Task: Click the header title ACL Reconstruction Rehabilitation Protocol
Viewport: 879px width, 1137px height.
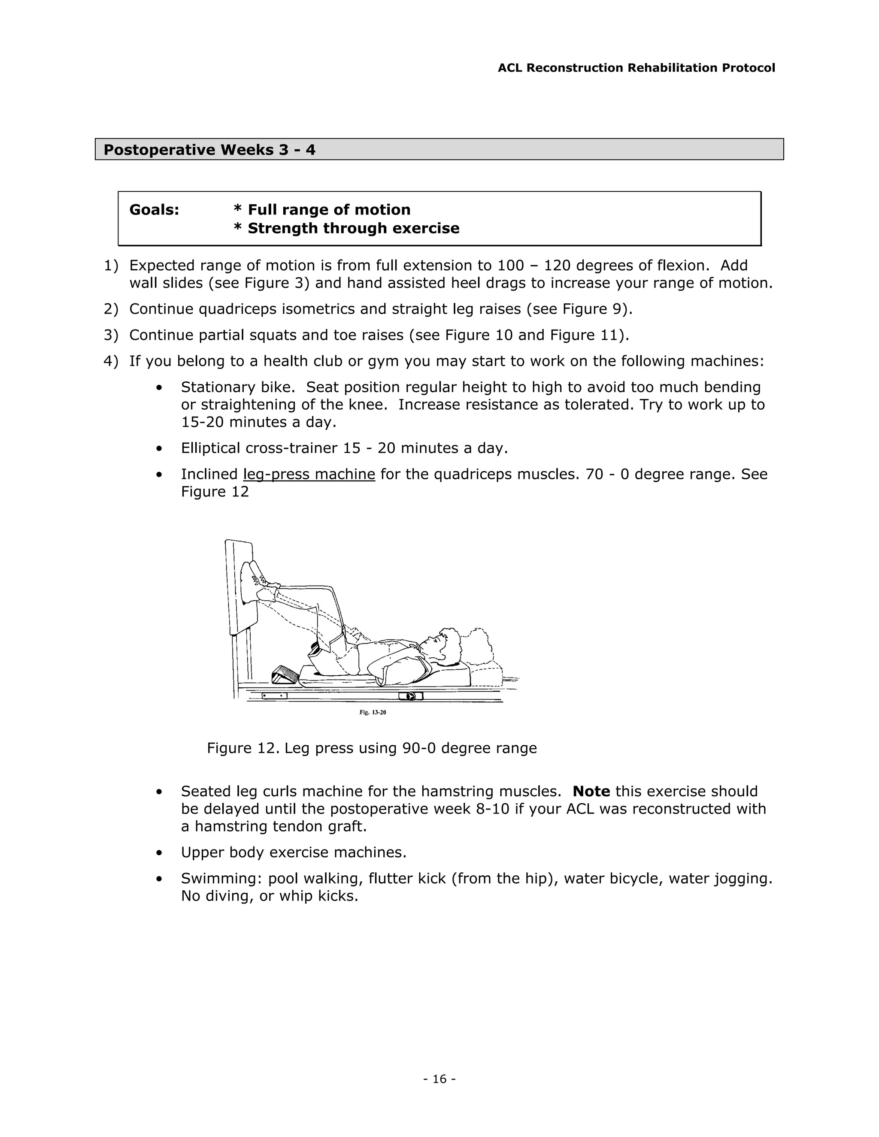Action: [636, 68]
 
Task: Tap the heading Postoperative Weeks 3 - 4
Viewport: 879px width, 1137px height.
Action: [209, 150]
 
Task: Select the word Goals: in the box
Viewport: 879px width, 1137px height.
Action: [154, 210]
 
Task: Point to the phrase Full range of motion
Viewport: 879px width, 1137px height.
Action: [329, 210]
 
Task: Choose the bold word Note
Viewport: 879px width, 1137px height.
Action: [591, 791]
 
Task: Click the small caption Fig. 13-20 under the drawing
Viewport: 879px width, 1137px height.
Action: [372, 712]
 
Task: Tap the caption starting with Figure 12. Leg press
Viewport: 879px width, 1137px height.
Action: [371, 748]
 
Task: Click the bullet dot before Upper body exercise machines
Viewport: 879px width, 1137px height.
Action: [159, 853]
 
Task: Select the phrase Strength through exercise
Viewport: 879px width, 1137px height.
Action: [353, 229]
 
